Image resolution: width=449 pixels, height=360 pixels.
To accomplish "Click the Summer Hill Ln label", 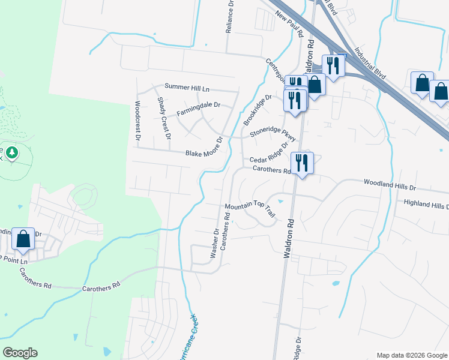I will point(187,88).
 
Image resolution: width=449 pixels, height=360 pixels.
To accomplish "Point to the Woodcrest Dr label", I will point(137,121).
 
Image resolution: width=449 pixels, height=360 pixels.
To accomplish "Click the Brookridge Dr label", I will point(258,109).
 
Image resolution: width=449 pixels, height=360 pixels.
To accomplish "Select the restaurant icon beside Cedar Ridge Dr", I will point(301,163).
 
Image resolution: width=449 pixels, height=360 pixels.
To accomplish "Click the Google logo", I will point(20,353).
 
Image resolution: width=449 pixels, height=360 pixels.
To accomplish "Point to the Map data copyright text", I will point(412,355).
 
